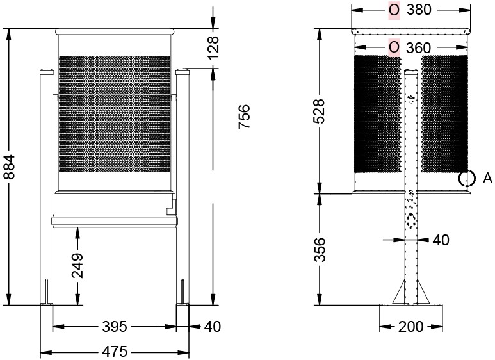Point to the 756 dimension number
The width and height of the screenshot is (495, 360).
pos(244,117)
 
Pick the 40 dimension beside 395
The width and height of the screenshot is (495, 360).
pos(212,327)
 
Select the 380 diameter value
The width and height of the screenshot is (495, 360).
pos(419,10)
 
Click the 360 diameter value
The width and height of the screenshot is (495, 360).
pos(419,47)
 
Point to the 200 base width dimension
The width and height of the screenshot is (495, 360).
pos(410,327)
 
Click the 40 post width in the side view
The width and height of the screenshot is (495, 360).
pos(441,240)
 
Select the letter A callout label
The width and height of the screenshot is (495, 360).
pos(487,178)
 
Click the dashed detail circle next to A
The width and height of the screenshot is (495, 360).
pos(466,179)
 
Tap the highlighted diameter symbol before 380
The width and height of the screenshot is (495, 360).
pos(394,10)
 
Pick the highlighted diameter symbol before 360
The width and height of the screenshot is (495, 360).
pos(394,47)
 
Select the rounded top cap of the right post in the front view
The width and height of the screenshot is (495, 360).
pos(183,72)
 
